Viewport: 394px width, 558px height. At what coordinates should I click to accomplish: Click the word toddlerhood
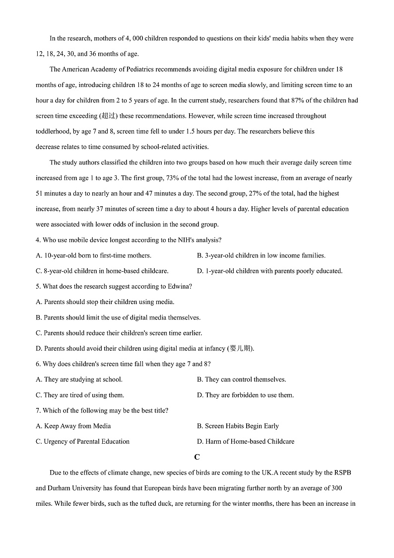[55, 132]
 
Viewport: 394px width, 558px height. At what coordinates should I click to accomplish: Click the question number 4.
[38, 240]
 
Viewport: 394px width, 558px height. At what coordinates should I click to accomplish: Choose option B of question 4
[261, 255]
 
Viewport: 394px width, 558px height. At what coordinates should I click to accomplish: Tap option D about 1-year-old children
[269, 271]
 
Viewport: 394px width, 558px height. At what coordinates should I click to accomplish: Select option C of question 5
[119, 333]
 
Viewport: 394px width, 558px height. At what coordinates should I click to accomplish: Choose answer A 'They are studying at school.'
[79, 379]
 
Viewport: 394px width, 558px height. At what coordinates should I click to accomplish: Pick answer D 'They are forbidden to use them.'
[245, 395]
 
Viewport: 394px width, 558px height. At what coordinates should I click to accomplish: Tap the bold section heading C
[197, 457]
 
